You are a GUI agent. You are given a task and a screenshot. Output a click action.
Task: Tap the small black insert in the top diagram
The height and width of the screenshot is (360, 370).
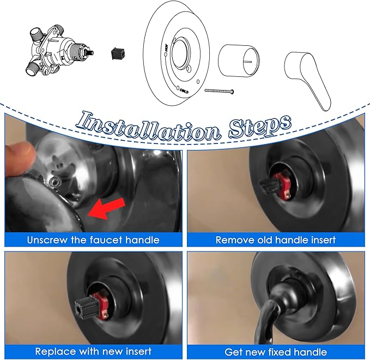116,53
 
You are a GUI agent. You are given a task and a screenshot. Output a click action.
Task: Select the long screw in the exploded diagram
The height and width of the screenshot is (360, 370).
219,91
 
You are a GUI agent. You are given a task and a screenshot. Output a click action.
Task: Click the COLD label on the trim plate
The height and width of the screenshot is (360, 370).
183,91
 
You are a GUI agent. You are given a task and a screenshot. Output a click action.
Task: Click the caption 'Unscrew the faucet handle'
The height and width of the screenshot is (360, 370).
94,239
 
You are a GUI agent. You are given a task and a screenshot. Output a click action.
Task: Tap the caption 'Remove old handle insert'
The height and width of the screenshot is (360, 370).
275,239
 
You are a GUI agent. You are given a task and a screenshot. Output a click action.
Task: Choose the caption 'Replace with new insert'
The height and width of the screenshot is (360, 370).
94,351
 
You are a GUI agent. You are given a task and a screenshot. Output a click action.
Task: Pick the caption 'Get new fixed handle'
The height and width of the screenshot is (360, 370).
275,351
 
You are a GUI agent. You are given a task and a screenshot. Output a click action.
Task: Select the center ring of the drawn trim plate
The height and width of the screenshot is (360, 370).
181,55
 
